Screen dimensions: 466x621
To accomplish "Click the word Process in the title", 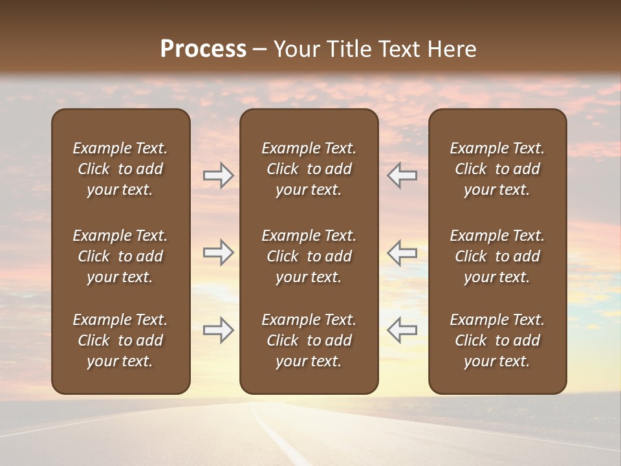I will click(x=203, y=49).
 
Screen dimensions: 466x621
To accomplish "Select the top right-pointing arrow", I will click(x=218, y=175).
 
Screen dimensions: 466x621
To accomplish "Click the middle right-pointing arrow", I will click(x=218, y=252).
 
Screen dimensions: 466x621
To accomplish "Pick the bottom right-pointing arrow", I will click(x=218, y=330).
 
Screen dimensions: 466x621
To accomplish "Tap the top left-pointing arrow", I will click(x=402, y=175).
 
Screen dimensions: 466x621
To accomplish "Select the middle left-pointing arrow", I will click(x=402, y=252).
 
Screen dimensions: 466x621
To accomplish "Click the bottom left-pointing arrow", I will click(x=402, y=330).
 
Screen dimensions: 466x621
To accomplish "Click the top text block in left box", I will click(x=120, y=169).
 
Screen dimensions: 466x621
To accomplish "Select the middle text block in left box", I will click(x=120, y=256).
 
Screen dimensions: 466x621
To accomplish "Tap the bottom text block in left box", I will click(x=120, y=340).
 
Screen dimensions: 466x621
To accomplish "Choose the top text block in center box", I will click(x=309, y=169).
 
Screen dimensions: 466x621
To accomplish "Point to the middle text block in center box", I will click(x=309, y=256).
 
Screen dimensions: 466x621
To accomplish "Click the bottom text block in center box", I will click(x=309, y=340).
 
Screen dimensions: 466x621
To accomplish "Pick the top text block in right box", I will click(x=497, y=169).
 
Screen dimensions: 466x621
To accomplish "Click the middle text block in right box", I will click(x=497, y=256).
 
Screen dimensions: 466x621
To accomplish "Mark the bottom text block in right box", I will click(x=497, y=340).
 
